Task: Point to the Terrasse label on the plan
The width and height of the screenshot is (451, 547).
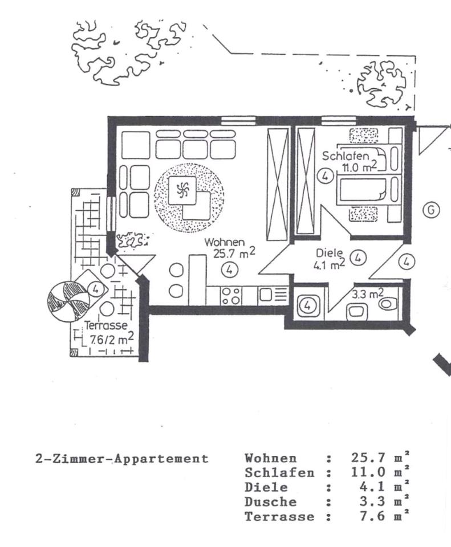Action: [106, 326]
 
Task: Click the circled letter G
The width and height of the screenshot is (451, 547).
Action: [431, 210]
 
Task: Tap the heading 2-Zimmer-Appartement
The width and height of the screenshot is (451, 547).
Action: [122, 459]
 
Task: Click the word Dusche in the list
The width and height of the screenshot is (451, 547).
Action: [271, 502]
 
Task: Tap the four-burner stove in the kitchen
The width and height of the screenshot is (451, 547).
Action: [230, 295]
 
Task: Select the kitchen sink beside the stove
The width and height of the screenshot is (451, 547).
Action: [266, 295]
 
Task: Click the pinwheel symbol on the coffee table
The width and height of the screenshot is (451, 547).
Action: [184, 189]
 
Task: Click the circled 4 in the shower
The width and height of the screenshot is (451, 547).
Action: [307, 305]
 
